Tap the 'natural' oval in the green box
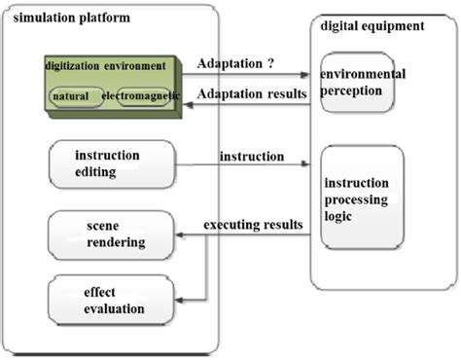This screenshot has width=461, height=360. (x=72, y=98)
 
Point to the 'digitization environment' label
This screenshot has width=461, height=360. (x=105, y=66)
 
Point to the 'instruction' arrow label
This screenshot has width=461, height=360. (x=252, y=156)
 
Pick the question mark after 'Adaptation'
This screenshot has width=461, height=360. (x=269, y=63)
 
